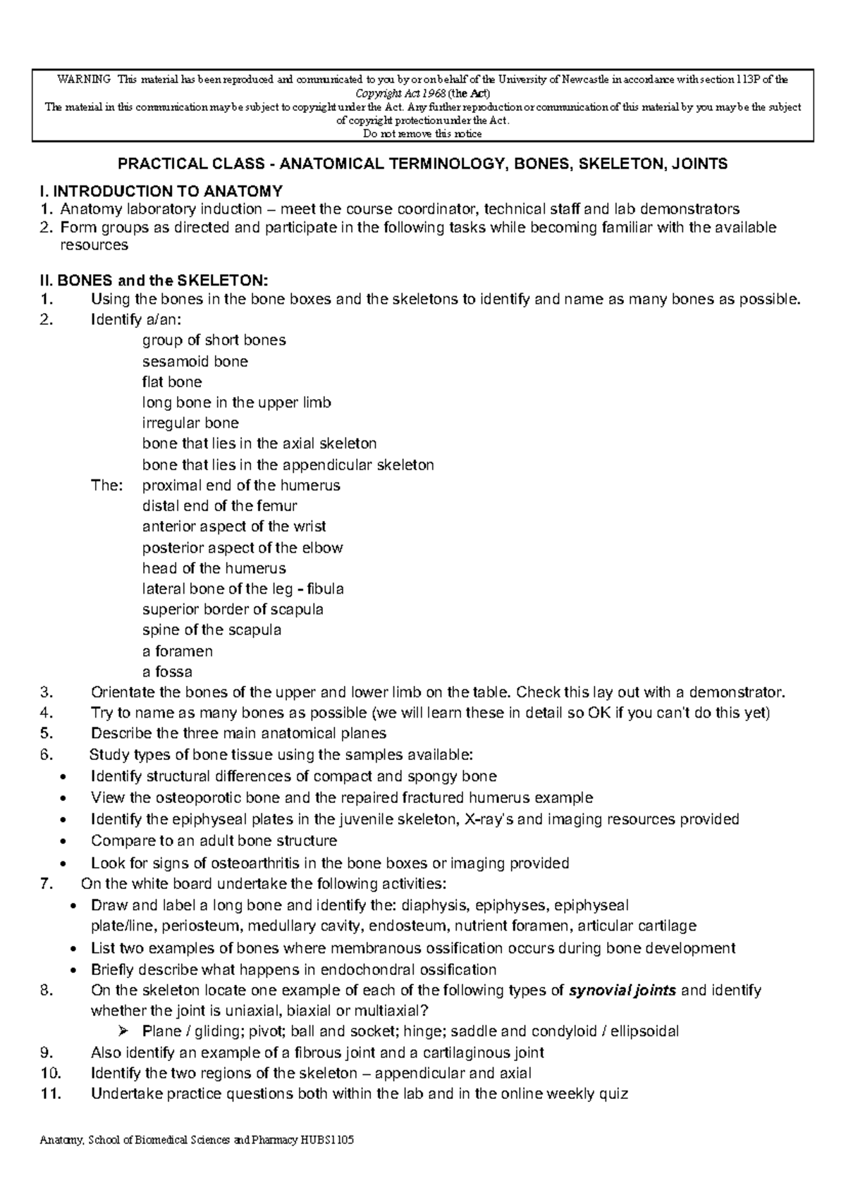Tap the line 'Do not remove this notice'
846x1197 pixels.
[x=422, y=134]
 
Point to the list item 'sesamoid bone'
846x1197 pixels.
[x=195, y=362]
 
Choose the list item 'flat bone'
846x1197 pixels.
[x=172, y=382]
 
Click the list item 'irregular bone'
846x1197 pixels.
[x=190, y=423]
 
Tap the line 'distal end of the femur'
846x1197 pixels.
[x=219, y=505]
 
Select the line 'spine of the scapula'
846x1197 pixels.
[x=211, y=630]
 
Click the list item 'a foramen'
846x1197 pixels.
[x=177, y=651]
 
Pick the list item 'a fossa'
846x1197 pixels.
[x=167, y=671]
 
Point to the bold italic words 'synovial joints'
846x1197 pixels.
[x=623, y=990]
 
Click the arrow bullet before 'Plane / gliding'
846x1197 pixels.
[x=124, y=1031]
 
